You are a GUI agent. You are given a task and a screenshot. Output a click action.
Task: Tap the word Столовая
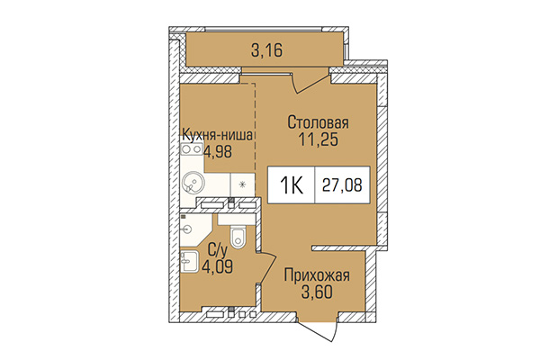[317, 121]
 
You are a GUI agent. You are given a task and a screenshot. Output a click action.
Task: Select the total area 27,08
[346, 187]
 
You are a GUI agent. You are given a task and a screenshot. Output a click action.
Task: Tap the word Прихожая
[316, 275]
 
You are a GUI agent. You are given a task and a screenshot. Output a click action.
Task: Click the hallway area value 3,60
[316, 292]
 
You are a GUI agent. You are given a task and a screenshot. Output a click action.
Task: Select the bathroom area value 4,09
[215, 267]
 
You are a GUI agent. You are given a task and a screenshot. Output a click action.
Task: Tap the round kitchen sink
[193, 184]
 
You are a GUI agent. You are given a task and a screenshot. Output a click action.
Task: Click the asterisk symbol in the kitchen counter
[242, 187]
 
